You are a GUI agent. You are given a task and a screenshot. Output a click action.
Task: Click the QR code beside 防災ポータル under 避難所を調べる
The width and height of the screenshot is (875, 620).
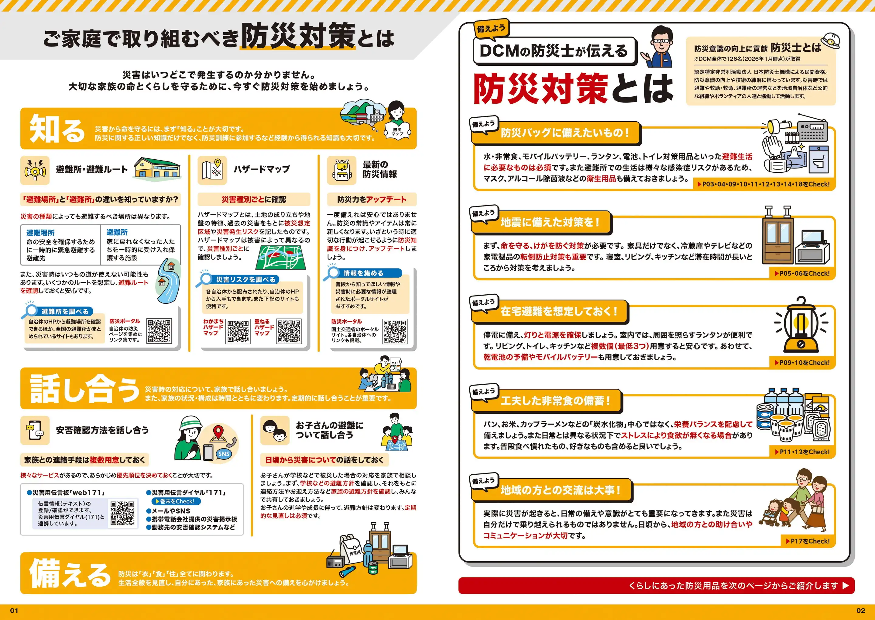pyautogui.click(x=159, y=331)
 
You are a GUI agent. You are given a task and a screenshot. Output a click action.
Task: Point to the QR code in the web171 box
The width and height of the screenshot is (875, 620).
pyautogui.click(x=122, y=513)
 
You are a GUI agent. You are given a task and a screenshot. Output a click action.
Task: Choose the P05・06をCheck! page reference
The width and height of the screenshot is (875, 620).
pyautogui.click(x=802, y=273)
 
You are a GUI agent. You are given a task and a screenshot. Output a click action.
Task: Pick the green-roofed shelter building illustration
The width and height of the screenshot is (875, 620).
pyautogui.click(x=157, y=168)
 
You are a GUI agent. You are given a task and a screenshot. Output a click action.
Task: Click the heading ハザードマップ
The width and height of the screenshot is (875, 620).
pyautogui.click(x=262, y=169)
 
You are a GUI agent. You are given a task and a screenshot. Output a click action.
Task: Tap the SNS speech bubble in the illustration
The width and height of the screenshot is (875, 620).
pyautogui.click(x=224, y=454)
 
